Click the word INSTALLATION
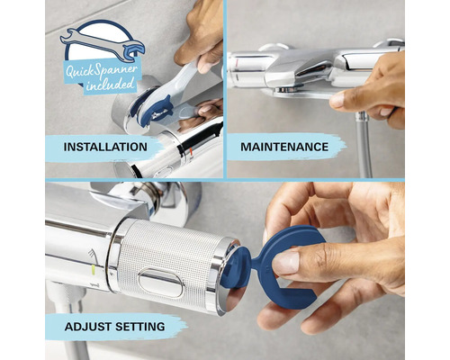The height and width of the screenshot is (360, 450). (x=105, y=147)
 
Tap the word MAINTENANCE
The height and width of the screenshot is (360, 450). (x=284, y=147)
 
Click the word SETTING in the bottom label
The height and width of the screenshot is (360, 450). (x=140, y=327)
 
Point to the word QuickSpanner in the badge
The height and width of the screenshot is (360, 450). (x=102, y=71)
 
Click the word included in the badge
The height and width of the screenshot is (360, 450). (x=110, y=85)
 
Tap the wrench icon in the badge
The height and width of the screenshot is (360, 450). (x=103, y=44)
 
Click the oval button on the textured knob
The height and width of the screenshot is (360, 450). (x=161, y=283)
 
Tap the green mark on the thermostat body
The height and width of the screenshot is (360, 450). (x=94, y=270)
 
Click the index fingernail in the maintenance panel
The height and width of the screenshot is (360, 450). (x=337, y=99)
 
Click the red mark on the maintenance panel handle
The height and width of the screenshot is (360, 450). (x=238, y=63)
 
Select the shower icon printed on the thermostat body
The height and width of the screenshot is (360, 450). (x=93, y=255)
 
